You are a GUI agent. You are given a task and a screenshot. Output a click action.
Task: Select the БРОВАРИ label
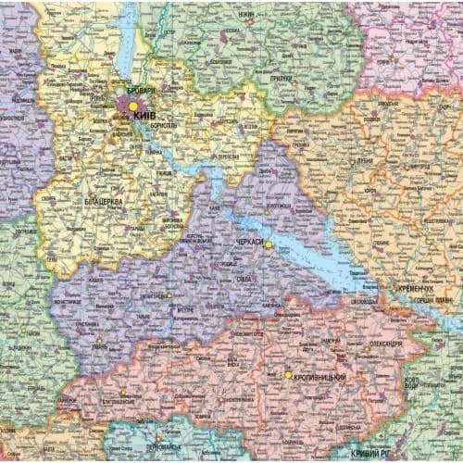click(142, 92)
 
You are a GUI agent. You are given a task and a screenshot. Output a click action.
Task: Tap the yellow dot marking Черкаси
click(269, 245)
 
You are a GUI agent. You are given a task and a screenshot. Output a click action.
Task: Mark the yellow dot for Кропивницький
click(288, 375)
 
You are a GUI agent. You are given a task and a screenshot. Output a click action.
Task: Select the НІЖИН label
click(246, 16)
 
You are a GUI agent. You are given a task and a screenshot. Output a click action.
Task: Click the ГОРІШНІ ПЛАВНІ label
click(432, 301)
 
